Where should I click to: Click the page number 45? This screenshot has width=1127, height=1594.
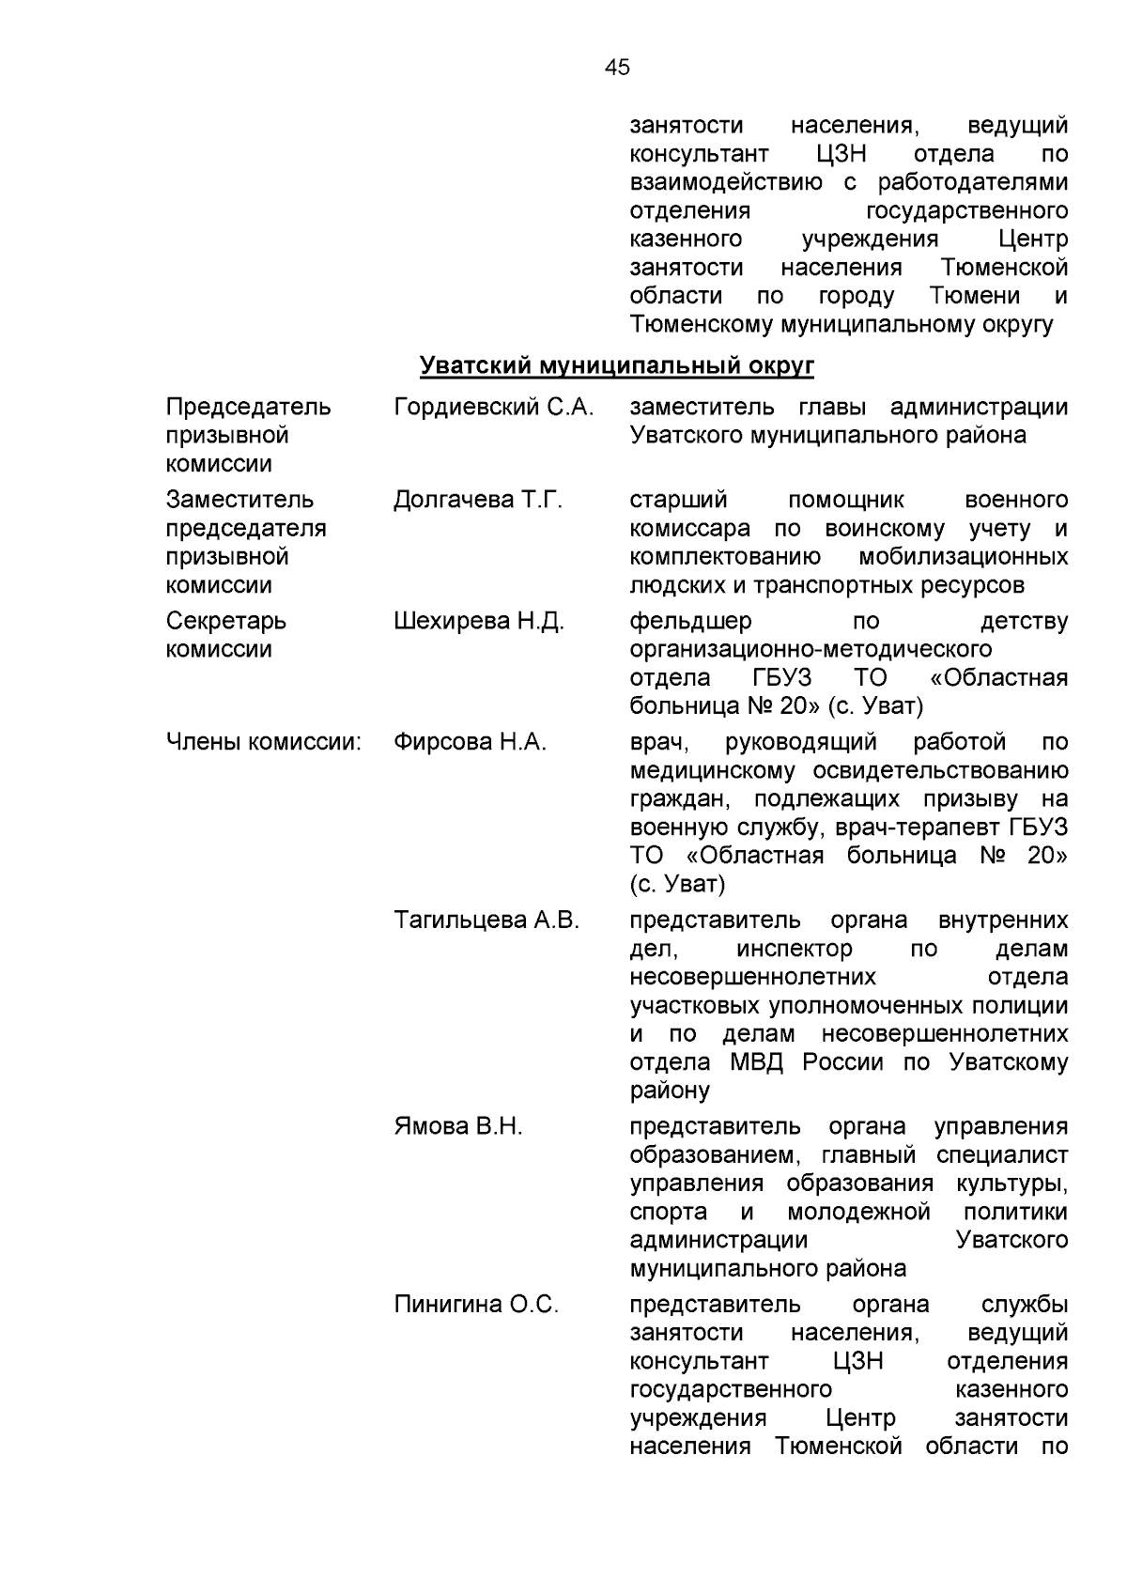pyautogui.click(x=618, y=68)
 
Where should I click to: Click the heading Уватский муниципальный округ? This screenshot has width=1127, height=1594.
pyautogui.click(x=616, y=365)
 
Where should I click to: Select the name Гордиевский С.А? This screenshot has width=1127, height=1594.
pyautogui.click(x=494, y=407)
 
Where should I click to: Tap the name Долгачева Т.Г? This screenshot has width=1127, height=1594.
pyautogui.click(x=478, y=500)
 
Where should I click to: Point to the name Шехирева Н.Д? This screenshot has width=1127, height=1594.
pyautogui.click(x=479, y=621)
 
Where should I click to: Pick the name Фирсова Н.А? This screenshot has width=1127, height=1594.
pyautogui.click(x=470, y=742)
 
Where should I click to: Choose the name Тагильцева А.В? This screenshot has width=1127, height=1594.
pyautogui.click(x=486, y=920)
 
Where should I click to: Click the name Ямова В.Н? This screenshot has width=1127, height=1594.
pyautogui.click(x=458, y=1126)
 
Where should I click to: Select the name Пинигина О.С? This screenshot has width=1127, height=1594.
pyautogui.click(x=476, y=1304)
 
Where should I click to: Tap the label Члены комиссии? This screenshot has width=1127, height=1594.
pyautogui.click(x=264, y=742)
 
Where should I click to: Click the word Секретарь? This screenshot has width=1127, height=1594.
pyautogui.click(x=226, y=621)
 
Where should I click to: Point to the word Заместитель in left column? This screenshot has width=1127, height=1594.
pyautogui.click(x=239, y=500)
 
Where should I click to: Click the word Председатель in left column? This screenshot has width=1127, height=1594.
pyautogui.click(x=248, y=407)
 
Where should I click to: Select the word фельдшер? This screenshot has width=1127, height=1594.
pyautogui.click(x=690, y=621)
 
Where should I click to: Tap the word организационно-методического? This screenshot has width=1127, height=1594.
pyautogui.click(x=811, y=649)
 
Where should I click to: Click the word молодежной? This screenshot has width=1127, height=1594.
pyautogui.click(x=858, y=1212)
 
